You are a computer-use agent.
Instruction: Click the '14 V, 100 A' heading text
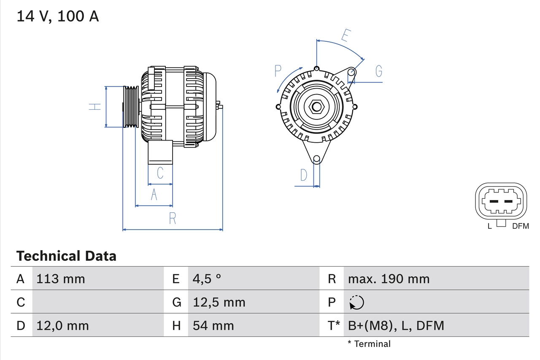pos(58,16)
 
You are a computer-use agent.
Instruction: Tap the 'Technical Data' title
pos(66,256)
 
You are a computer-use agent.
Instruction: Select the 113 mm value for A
pos(61,279)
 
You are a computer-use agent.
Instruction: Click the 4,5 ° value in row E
pos(207,279)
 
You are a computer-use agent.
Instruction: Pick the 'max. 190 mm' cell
pos(389,279)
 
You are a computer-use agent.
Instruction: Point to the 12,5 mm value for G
pos(219,302)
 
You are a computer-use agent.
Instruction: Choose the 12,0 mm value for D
pos(62,325)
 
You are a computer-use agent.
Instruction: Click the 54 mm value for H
pos(213,325)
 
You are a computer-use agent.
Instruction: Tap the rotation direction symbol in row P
pos(356,302)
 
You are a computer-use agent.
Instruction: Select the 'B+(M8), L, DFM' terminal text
pos(396,325)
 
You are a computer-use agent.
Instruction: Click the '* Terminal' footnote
pos(369,344)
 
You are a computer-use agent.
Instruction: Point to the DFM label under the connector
pos(520,226)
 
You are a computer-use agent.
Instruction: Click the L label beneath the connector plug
pos(489,226)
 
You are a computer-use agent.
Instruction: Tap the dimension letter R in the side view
pos(172,219)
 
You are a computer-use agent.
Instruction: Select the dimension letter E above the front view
pos(345,36)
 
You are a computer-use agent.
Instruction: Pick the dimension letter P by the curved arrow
pos(278,71)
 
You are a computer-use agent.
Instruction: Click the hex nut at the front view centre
pos(316,107)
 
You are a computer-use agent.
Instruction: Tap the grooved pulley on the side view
pos(131,107)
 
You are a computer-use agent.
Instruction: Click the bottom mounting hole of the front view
pos(316,159)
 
